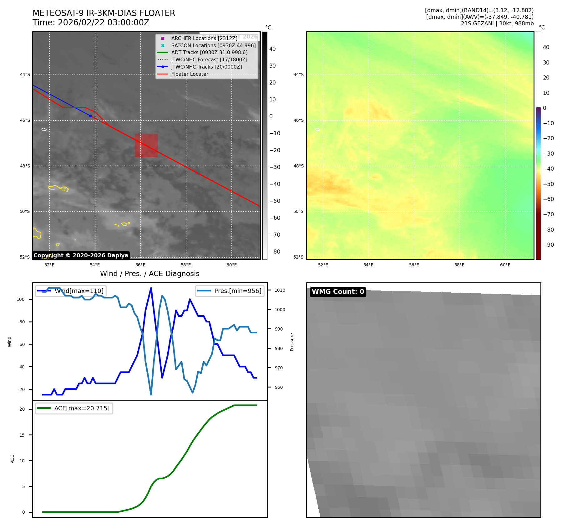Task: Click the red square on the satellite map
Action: coord(146,146)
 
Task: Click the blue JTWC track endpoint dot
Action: coord(90,116)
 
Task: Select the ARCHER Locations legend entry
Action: coord(204,38)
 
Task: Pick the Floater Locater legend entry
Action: coord(190,74)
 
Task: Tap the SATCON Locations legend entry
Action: coord(213,45)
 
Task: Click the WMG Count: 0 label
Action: coord(338,292)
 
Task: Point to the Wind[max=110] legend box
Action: coord(71,291)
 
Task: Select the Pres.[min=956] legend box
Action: coord(230,291)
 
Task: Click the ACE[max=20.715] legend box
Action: coord(74,408)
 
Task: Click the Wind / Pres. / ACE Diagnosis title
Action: coord(149,274)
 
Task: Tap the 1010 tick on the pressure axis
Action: coord(280,290)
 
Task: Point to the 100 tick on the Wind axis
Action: coord(21,299)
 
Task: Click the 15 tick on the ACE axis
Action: coord(22,435)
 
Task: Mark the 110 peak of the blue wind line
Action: coord(151,288)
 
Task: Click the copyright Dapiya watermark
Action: coord(81,255)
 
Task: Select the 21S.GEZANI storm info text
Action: coord(497,23)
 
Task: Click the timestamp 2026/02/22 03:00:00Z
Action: coord(104,23)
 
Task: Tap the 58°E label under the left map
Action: coord(186,265)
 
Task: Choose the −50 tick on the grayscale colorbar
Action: coord(275,201)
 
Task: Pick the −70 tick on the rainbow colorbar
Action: coord(548,214)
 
